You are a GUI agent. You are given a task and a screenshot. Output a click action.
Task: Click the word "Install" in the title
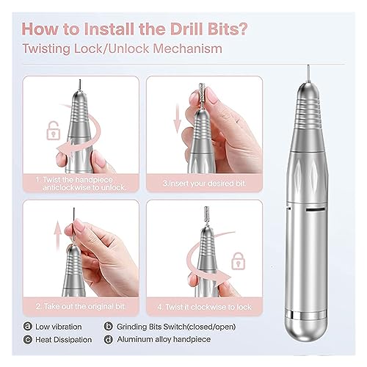[109, 29]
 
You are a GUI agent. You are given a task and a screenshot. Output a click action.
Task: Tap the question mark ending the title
[241, 29]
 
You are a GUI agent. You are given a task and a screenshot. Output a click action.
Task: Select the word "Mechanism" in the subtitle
[187, 48]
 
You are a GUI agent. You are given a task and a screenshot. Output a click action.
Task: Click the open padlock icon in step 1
[54, 131]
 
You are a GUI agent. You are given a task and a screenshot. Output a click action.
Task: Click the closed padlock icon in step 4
[238, 261]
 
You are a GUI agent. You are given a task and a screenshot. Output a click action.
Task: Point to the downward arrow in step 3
[178, 118]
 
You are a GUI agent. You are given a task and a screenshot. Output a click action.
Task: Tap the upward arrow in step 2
[58, 236]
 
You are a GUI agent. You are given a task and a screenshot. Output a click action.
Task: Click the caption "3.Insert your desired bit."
[205, 183]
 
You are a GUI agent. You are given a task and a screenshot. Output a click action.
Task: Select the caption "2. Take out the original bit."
[81, 306]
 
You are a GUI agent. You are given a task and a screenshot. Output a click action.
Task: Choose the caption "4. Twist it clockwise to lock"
[205, 307]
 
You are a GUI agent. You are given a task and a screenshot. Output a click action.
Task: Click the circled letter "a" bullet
[28, 327]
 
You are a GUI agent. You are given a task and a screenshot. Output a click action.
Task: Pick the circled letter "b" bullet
[108, 327]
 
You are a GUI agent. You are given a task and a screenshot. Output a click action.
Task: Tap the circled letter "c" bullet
[28, 340]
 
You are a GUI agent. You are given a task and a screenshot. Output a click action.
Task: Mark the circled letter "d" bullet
[108, 339]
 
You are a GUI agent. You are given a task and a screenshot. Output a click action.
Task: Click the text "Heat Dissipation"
[64, 340]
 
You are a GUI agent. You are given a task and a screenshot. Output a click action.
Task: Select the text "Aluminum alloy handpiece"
[164, 339]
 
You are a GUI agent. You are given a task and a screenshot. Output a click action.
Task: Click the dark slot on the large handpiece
[316, 210]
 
